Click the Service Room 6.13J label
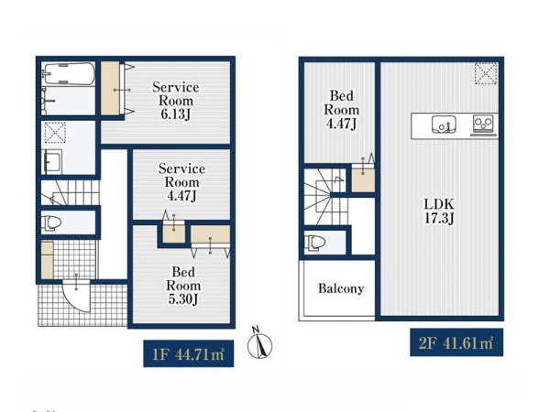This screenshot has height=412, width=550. [x=176, y=101]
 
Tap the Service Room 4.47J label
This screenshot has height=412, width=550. [x=181, y=182]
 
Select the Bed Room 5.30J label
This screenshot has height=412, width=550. [x=183, y=285]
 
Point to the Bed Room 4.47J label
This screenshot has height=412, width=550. [x=341, y=110]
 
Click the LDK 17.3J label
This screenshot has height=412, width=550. [x=439, y=211]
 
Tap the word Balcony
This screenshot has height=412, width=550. [x=341, y=288]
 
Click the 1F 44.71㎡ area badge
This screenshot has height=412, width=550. [x=189, y=353]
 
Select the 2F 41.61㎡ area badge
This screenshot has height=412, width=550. [x=456, y=342]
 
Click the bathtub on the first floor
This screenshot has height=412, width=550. [x=68, y=73]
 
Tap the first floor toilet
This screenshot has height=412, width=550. [x=51, y=222]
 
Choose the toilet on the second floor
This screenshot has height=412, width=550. [x=314, y=243]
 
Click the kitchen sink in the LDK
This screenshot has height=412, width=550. [x=444, y=125]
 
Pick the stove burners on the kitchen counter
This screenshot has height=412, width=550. [x=483, y=124]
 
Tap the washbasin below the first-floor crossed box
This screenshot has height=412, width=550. [x=52, y=161]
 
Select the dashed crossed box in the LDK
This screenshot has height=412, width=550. [x=486, y=73]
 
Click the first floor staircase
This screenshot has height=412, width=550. [x=70, y=192]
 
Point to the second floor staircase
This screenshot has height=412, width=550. [x=326, y=197]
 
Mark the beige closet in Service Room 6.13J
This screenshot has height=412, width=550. [x=110, y=88]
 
